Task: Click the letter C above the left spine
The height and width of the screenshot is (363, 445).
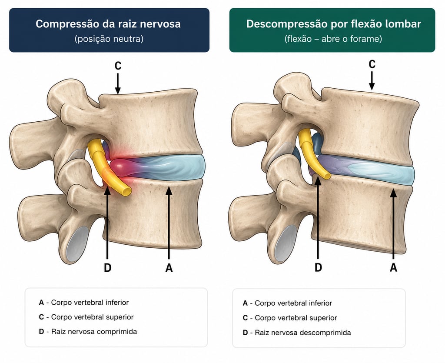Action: (118, 66)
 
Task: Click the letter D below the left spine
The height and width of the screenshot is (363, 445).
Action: (107, 267)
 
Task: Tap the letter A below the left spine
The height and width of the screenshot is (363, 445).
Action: (169, 268)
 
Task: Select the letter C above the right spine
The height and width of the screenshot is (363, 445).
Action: (372, 64)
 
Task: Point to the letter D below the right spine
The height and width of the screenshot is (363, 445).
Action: (318, 267)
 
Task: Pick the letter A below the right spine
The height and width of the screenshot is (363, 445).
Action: (393, 267)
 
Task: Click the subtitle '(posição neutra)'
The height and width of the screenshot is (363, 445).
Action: (109, 39)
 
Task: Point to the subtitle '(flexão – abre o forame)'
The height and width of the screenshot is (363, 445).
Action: (333, 39)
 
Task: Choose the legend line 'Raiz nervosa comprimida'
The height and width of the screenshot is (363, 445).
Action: (94, 332)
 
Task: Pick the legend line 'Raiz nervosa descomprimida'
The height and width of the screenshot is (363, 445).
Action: (303, 333)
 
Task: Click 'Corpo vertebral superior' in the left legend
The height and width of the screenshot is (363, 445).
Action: (92, 317)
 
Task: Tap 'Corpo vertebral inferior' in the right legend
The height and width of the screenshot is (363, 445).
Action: (293, 303)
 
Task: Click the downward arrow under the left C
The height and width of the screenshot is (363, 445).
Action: (118, 84)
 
